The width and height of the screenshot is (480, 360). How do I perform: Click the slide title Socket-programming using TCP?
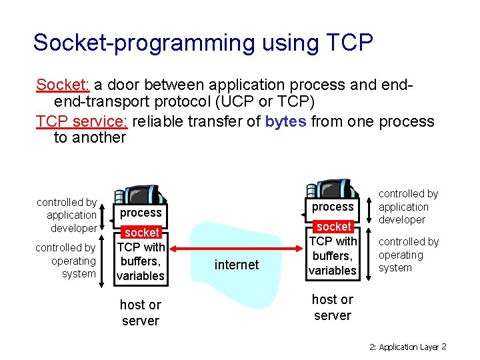203,43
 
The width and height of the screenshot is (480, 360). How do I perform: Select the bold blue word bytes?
285,121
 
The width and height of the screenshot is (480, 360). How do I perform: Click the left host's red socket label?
141,233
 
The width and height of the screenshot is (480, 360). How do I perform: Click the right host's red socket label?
333,227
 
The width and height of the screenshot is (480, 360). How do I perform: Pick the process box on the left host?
141,213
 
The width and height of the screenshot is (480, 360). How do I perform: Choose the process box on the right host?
333,207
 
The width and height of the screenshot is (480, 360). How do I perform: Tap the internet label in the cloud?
236,265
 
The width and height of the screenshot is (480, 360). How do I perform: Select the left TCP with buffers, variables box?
141,261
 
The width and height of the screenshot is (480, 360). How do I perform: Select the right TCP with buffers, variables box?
333,255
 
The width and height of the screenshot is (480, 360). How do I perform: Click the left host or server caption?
140,313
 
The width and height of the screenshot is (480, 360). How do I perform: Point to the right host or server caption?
332,307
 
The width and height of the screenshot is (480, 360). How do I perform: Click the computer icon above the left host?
141,192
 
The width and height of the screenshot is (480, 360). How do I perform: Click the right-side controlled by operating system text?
408,255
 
